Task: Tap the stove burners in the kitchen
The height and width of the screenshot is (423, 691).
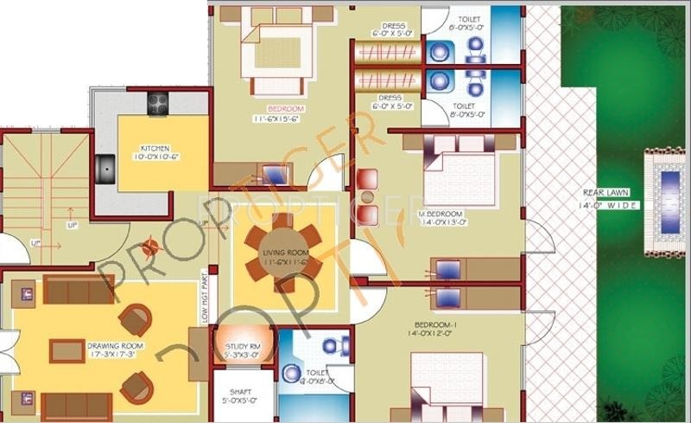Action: [x=157, y=103]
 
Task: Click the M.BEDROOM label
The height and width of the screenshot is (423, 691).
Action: [x=440, y=214]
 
